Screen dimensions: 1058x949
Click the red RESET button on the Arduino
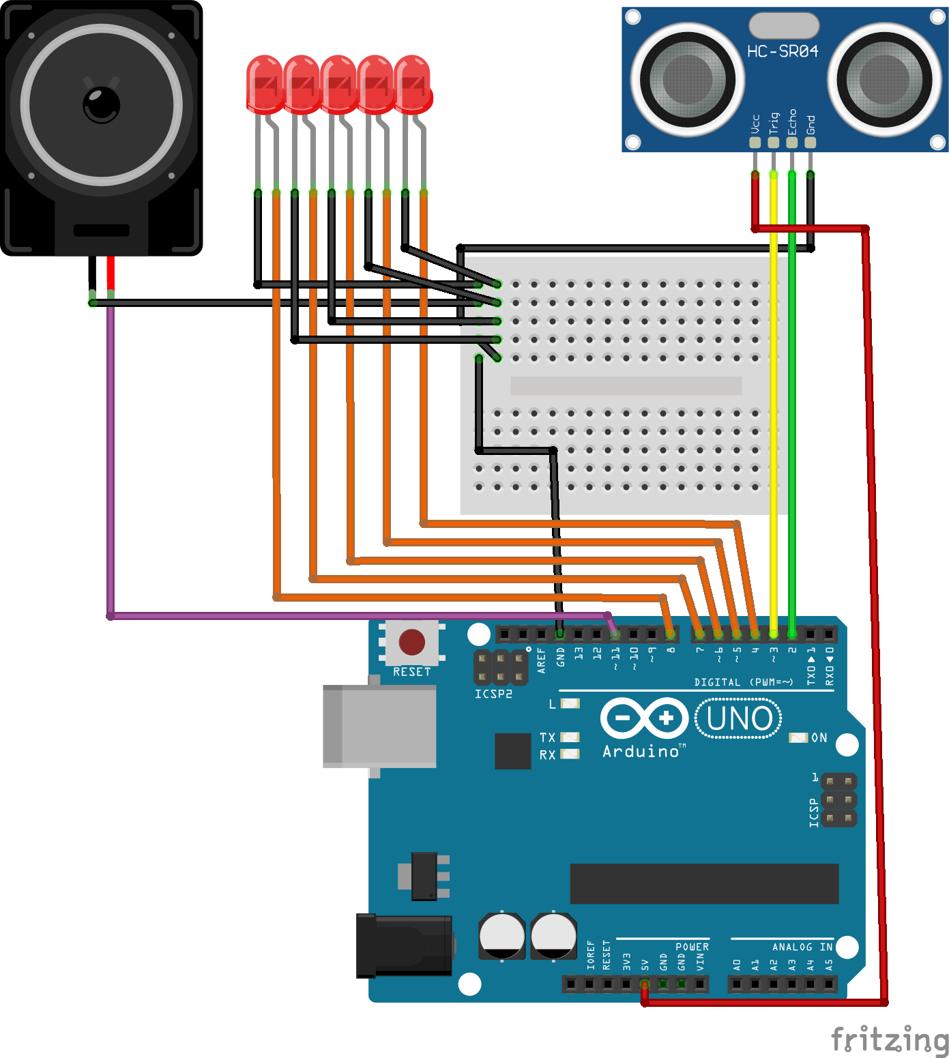411,642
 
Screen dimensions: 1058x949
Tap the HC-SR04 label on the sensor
782,51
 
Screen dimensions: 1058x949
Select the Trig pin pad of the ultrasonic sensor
773,143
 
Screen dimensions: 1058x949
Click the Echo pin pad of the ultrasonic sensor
791,143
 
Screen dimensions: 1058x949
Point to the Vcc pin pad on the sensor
755,143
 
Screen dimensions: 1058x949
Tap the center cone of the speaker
101,105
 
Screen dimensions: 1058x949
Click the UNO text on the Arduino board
739,719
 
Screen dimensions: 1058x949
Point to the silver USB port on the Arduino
379,726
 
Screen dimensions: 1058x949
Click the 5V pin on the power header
644,984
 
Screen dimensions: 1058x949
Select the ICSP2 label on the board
493,694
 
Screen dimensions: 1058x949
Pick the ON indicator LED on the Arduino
798,737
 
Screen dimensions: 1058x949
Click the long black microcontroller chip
703,883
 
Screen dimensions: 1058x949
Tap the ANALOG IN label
802,947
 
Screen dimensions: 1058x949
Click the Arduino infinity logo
644,718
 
